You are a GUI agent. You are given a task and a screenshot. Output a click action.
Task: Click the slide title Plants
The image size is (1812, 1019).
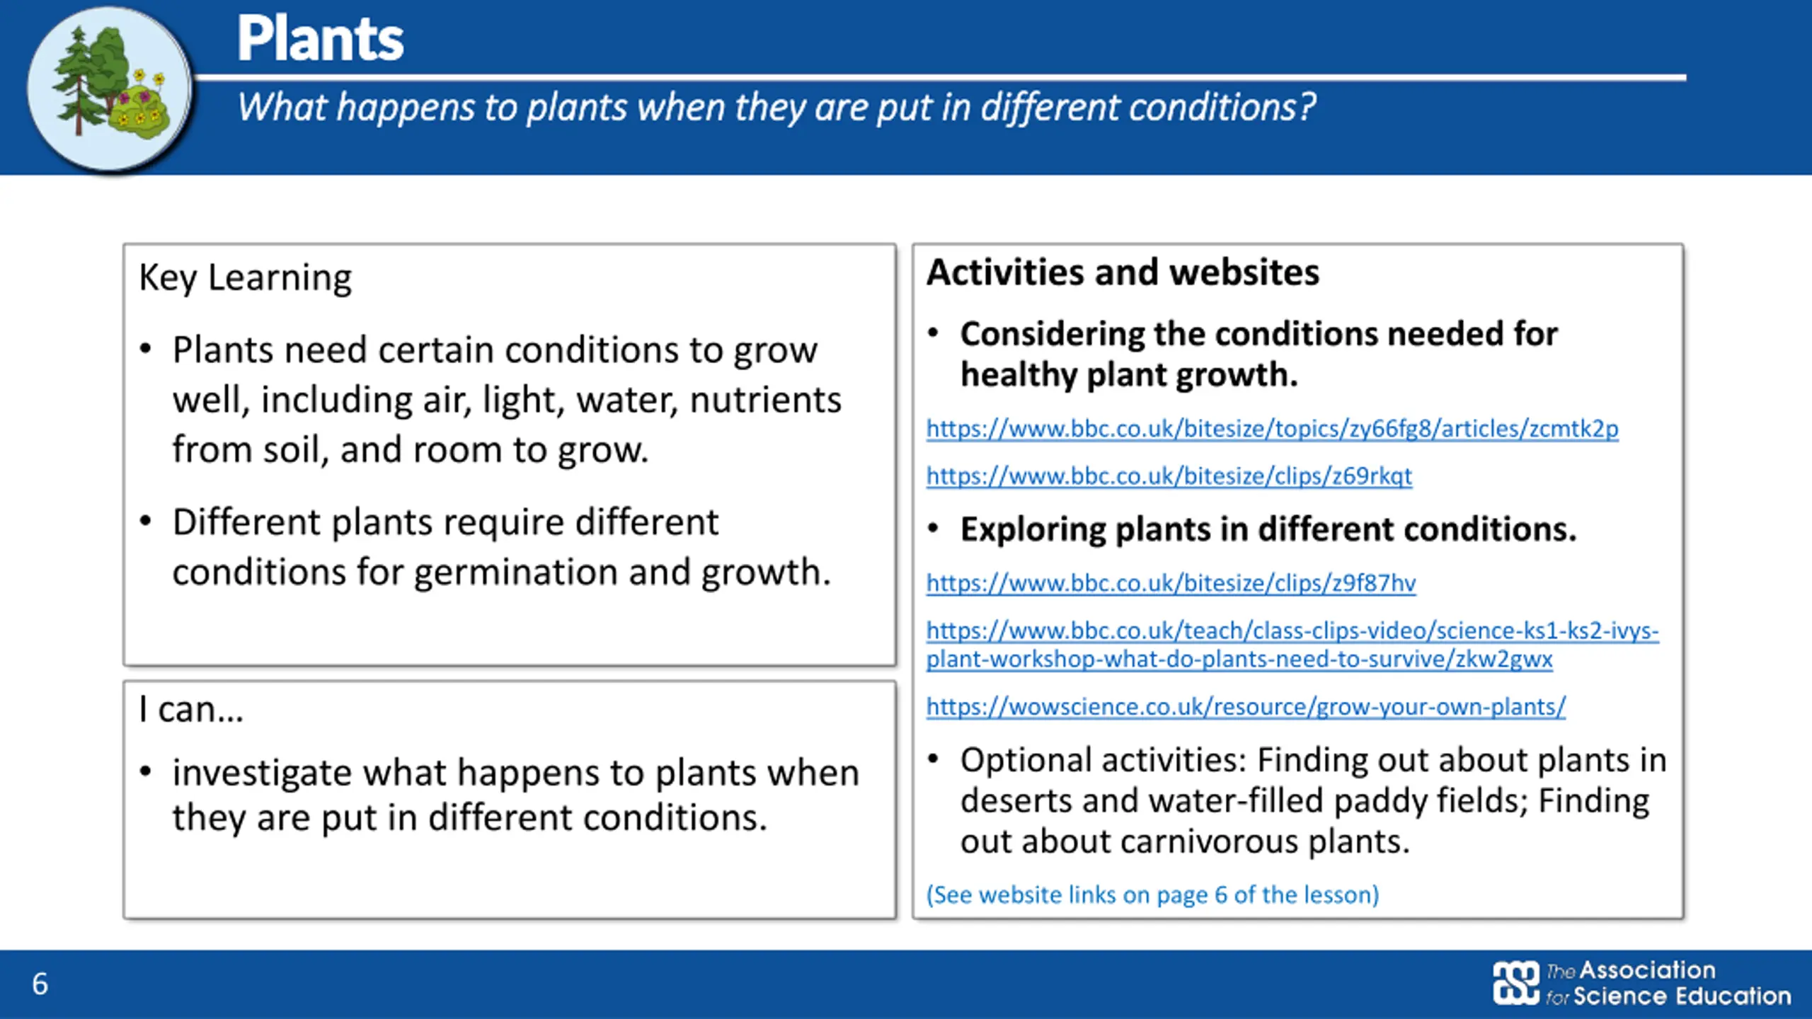(320, 39)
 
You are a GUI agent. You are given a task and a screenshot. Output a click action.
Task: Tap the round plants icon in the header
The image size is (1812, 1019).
(110, 88)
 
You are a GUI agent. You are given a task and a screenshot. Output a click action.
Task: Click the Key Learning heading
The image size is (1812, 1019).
(245, 278)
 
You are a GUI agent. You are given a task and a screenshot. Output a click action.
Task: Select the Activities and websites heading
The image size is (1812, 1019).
(1123, 272)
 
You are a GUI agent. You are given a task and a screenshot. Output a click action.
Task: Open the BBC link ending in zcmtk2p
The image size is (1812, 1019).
(1273, 429)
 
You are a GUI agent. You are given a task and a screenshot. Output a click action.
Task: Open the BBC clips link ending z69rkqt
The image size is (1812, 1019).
(1169, 476)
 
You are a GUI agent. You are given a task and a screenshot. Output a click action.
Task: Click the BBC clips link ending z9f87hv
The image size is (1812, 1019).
(1171, 583)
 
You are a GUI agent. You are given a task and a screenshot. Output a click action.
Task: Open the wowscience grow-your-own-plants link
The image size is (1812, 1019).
(1246, 707)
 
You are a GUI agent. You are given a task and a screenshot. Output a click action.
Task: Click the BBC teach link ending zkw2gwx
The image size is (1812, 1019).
(1292, 645)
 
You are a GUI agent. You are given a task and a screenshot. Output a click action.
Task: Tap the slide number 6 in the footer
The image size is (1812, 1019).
(40, 984)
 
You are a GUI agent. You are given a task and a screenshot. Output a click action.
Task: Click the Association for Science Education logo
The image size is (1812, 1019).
(1642, 983)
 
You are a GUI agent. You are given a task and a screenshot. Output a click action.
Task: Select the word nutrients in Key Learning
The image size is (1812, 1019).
(765, 400)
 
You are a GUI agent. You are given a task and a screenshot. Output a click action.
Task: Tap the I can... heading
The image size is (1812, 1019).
(191, 709)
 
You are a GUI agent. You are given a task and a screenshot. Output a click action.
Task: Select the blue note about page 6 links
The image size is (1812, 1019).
(1153, 895)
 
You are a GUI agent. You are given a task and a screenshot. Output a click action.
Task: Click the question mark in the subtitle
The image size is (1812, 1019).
(1307, 108)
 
